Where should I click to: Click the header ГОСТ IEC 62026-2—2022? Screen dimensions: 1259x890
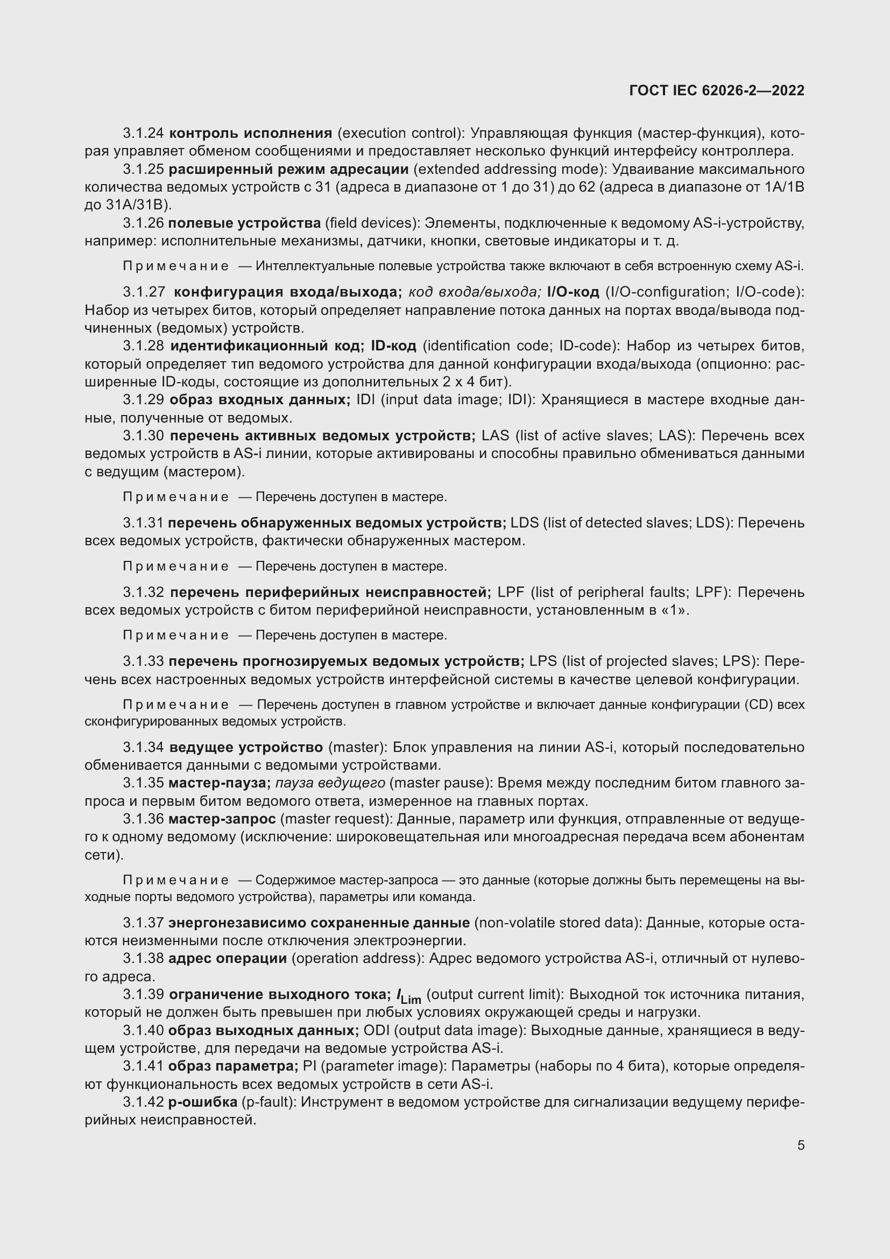[x=717, y=91]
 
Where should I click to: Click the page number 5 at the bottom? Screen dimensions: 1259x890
[x=801, y=1145]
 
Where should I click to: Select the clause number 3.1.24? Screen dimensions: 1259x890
[x=143, y=133]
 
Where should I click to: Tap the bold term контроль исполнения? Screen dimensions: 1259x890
[x=250, y=133]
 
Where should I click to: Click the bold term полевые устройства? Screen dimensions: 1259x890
[x=244, y=223]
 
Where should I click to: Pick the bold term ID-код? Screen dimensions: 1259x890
[x=393, y=346]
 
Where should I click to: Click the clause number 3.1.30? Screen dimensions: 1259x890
[x=143, y=436]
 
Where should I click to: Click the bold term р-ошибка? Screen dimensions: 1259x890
[x=203, y=1102]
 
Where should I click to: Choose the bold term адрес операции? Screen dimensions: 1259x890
[x=228, y=959]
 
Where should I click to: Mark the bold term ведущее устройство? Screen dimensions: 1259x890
[x=246, y=748]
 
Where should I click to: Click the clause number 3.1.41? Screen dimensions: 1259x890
[x=143, y=1066]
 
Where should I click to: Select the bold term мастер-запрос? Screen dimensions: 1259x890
[x=222, y=819]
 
